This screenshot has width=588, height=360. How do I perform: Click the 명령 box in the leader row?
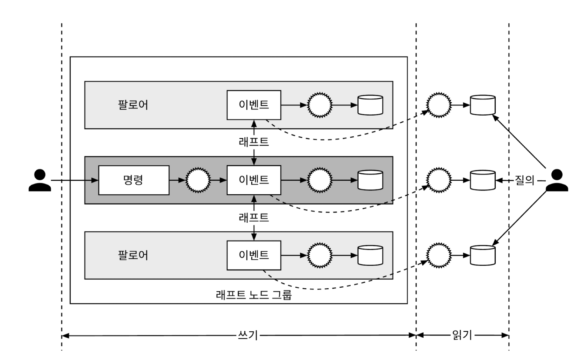tap(134, 180)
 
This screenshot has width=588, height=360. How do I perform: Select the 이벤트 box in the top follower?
tap(254, 105)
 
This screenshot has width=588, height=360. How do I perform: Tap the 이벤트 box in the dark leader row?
tap(254, 180)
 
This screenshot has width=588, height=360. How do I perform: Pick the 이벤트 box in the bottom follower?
tap(254, 255)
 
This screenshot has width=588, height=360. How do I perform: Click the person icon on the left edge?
tap(40, 180)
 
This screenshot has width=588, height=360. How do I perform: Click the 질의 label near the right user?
tap(524, 180)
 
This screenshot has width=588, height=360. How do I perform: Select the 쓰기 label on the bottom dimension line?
tap(248, 336)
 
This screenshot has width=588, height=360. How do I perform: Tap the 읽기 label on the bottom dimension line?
tap(462, 335)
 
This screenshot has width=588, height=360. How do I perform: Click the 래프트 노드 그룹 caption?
tap(254, 295)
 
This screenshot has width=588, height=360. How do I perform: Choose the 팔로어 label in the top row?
tap(133, 105)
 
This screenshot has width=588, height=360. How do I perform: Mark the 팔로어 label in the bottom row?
tap(133, 255)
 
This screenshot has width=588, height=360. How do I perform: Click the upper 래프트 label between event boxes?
tap(254, 142)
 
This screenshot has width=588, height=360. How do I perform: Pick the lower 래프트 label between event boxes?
tap(254, 217)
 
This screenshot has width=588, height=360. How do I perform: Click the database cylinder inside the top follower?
tap(370, 105)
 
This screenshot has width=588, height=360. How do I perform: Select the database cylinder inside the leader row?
tap(370, 180)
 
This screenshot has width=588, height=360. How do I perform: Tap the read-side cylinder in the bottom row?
tap(482, 255)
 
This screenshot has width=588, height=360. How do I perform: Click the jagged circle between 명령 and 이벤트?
tap(198, 180)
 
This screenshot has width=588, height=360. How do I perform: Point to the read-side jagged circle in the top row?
tap(439, 105)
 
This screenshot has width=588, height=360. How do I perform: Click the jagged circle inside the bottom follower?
tap(320, 255)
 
